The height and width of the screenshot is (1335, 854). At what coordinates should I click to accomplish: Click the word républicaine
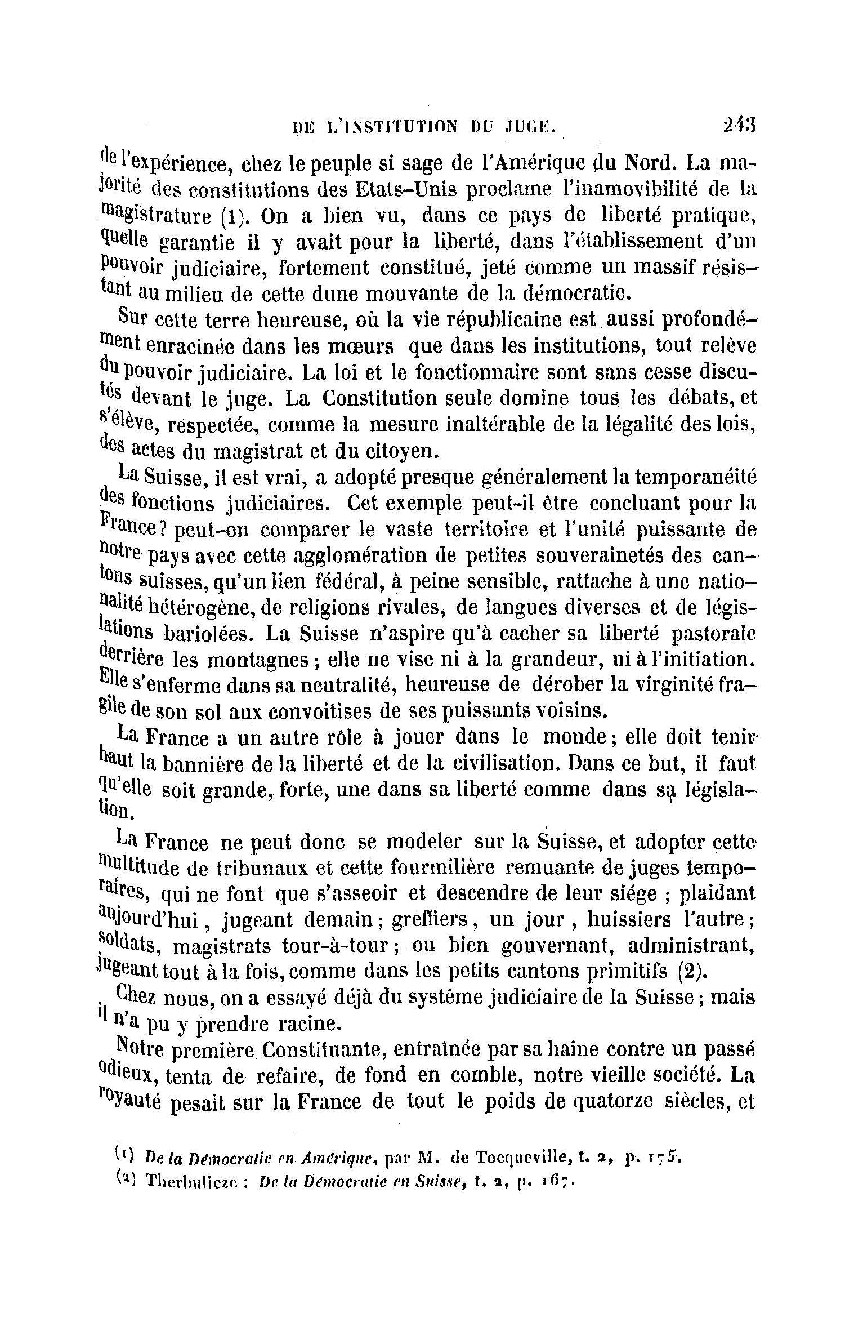[x=490, y=321]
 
